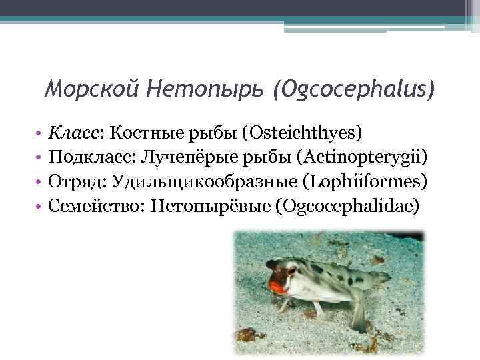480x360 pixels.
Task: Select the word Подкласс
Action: click(87, 157)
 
